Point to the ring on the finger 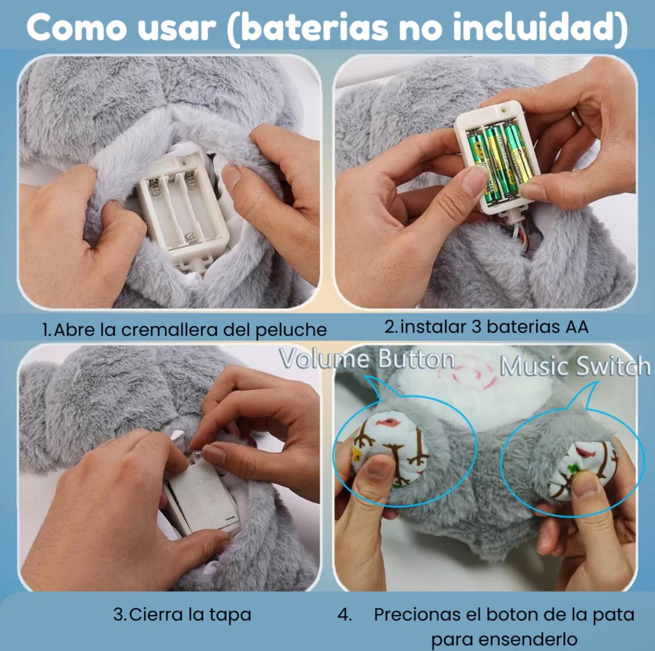click(576, 118)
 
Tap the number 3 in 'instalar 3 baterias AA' click(476, 326)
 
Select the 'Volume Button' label click(367, 359)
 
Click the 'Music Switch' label click(575, 367)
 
